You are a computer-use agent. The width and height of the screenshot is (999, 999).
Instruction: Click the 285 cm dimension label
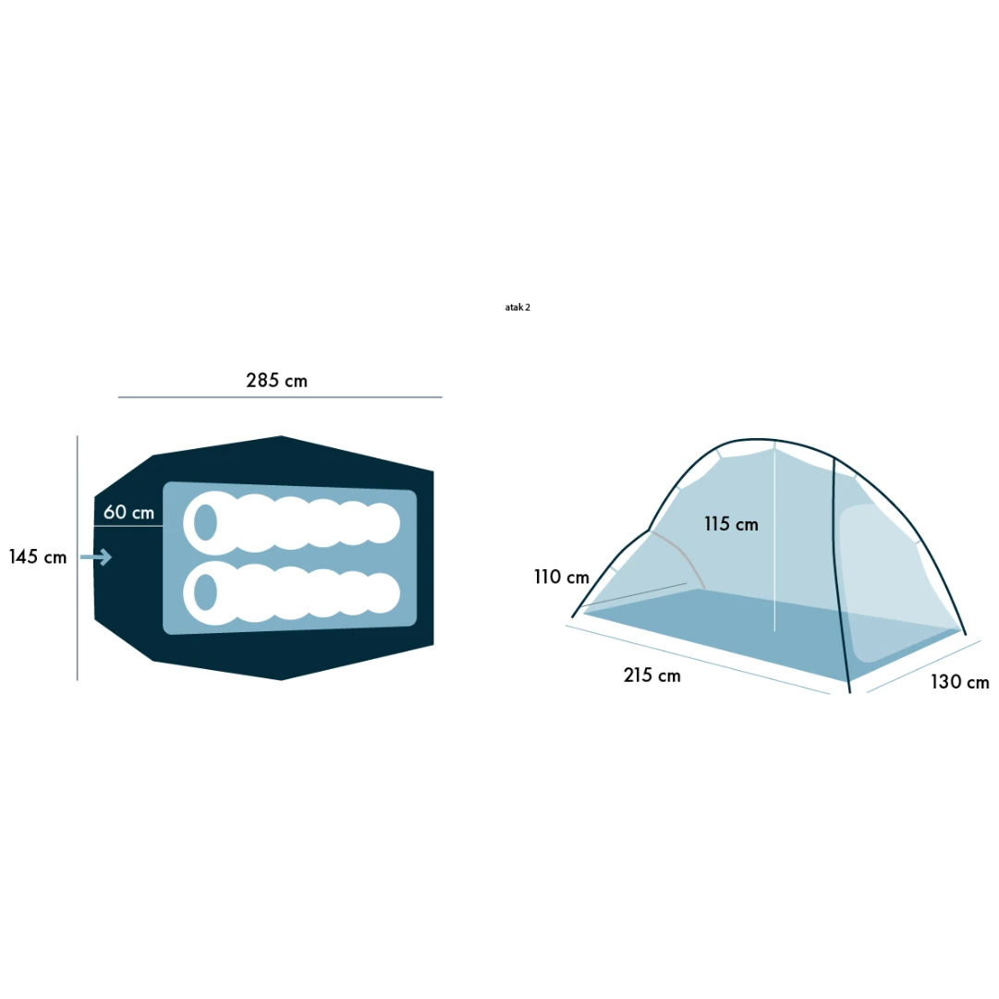pyautogui.click(x=276, y=381)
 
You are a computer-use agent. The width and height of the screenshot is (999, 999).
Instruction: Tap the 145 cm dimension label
pyautogui.click(x=38, y=557)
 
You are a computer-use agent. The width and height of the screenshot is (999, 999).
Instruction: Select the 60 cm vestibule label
pyautogui.click(x=128, y=512)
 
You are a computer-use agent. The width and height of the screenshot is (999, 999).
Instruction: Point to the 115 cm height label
pyautogui.click(x=731, y=524)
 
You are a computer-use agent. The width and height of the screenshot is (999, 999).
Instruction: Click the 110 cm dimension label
pyautogui.click(x=561, y=578)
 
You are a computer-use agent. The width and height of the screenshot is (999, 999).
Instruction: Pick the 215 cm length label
pyautogui.click(x=652, y=676)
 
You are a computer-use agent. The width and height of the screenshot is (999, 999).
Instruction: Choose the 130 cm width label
pyautogui.click(x=959, y=682)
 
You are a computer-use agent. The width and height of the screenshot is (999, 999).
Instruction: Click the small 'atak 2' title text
pyautogui.click(x=518, y=307)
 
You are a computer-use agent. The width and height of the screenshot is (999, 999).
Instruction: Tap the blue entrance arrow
pyautogui.click(x=96, y=557)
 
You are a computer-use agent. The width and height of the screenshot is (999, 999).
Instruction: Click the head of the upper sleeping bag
pyautogui.click(x=205, y=522)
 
